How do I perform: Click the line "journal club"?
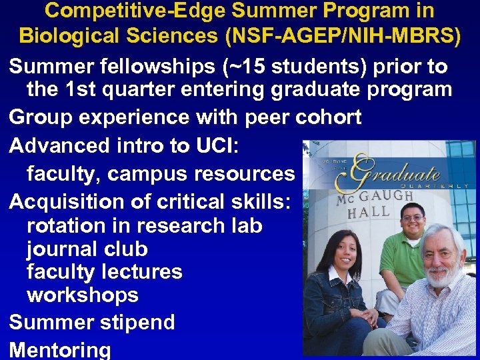(87, 249)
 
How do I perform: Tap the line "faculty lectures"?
(104, 272)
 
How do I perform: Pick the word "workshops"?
(82, 295)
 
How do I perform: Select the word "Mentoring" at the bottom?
(60, 349)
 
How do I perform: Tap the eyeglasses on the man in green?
(413, 218)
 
